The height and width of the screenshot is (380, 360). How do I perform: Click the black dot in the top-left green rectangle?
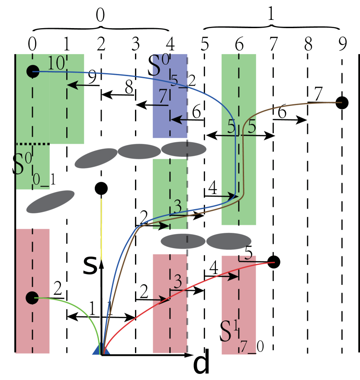pos(32,71)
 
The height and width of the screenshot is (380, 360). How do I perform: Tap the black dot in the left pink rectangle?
pos(32,297)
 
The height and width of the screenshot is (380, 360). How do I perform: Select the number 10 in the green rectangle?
pos(56,64)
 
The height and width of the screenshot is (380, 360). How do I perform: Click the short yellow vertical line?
pos(101,229)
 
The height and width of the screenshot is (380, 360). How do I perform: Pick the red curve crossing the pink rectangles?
pos(195,285)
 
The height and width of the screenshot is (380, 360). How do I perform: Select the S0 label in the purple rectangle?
pos(161,66)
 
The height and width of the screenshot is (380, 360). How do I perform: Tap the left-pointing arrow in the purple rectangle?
pos(178,119)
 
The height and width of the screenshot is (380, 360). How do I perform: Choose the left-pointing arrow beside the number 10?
pos(76,85)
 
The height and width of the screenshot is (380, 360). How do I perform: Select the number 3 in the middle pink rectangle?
pos(177,283)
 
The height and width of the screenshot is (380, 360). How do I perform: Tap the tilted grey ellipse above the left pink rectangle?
pos(50,202)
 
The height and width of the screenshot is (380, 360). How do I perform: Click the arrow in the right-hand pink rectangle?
pos(231,276)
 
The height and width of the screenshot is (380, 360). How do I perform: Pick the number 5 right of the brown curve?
pos(251,128)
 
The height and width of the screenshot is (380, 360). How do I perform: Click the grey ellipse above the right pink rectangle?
pos(228,241)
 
